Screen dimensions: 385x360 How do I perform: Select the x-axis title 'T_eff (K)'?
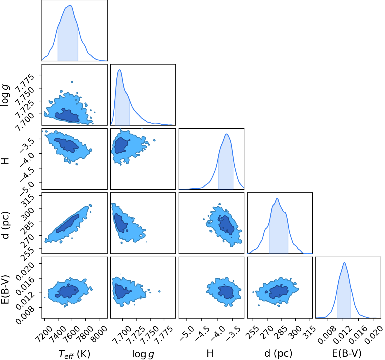click(x=74, y=354)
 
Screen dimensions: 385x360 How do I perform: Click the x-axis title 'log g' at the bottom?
click(x=143, y=354)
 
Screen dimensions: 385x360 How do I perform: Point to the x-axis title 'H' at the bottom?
click(x=210, y=354)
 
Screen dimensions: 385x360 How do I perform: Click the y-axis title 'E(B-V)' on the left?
click(x=5, y=290)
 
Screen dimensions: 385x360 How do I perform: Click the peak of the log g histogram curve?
click(x=120, y=70)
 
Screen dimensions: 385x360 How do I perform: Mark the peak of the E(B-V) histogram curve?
click(x=344, y=262)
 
